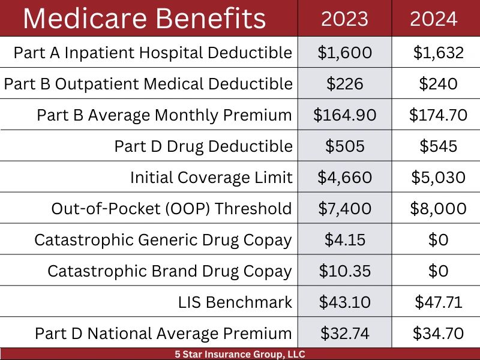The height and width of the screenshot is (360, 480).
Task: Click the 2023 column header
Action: tap(344, 19)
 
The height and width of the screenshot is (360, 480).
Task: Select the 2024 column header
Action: tap(434, 19)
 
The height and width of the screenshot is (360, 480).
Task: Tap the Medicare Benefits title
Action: tap(144, 19)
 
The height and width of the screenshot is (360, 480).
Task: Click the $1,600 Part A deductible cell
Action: tap(344, 53)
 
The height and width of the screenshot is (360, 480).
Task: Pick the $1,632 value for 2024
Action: tap(438, 53)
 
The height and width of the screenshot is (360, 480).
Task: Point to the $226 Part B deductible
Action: tap(344, 84)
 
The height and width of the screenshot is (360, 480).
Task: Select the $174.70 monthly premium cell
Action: tap(438, 115)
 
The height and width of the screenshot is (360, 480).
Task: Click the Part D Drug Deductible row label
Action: tap(203, 146)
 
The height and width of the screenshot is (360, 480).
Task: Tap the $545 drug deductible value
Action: tap(438, 146)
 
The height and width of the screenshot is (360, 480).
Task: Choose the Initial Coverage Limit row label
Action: tap(211, 178)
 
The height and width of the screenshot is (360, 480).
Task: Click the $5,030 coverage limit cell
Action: tap(438, 178)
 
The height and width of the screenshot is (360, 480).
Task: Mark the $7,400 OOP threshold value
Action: tap(344, 209)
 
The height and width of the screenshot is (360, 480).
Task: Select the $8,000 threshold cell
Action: tap(438, 209)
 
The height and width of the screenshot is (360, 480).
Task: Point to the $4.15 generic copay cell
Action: tap(344, 240)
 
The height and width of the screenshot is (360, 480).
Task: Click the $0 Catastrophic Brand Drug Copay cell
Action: tap(438, 271)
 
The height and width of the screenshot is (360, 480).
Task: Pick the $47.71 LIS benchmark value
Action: tap(438, 302)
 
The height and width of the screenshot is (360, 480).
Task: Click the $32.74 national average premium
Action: tap(344, 334)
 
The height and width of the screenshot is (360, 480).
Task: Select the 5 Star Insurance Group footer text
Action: tap(236, 354)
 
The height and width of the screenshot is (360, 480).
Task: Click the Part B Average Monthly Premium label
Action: tap(164, 115)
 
